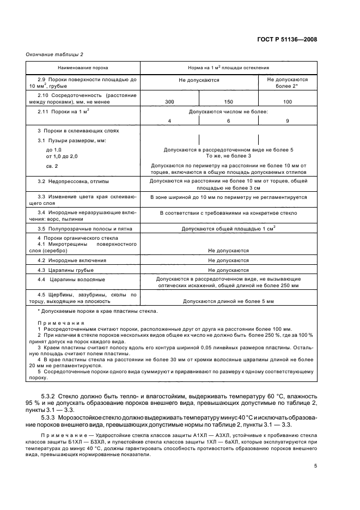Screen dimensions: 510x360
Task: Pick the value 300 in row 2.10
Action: click(169, 102)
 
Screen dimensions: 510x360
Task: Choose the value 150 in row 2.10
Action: click(228, 102)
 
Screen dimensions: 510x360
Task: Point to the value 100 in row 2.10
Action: click(288, 102)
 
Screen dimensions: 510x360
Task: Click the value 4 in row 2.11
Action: click(169, 120)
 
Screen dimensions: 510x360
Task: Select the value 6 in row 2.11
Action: click(228, 120)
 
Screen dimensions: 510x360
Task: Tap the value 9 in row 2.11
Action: click(288, 120)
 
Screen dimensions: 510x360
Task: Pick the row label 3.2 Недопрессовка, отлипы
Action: click(73, 180)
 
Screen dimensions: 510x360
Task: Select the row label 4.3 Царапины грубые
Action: click(66, 270)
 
